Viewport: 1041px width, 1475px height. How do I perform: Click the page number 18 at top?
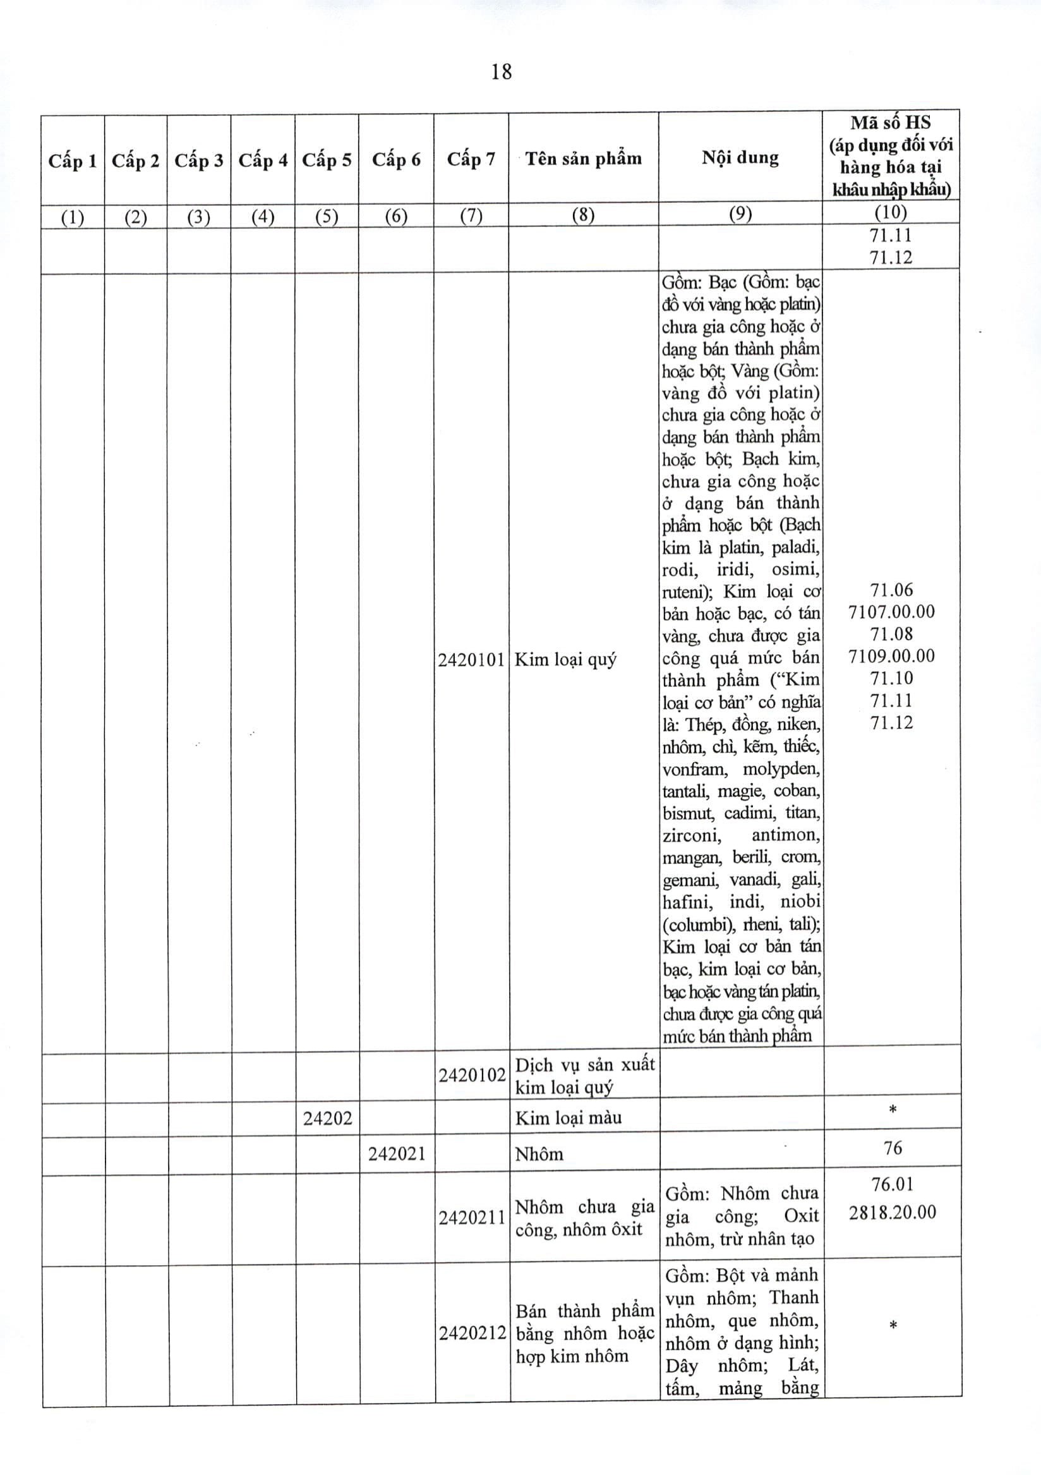(x=501, y=72)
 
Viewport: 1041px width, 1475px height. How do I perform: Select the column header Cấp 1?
(x=73, y=160)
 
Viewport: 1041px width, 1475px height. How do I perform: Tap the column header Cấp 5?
(x=327, y=159)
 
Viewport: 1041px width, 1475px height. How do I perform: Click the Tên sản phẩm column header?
(x=583, y=158)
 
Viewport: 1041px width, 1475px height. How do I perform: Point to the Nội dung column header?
(x=740, y=157)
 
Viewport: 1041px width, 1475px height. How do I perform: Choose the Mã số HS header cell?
(x=890, y=156)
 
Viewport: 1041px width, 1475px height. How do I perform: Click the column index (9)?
(x=740, y=215)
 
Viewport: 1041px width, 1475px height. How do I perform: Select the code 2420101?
(x=471, y=660)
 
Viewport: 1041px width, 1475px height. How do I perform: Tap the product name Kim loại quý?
(x=565, y=660)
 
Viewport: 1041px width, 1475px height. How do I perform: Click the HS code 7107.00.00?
(x=891, y=612)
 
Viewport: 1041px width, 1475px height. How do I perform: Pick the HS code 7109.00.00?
(x=891, y=656)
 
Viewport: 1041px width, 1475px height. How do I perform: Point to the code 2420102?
(x=472, y=1076)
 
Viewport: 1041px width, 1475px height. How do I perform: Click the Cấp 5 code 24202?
(x=327, y=1119)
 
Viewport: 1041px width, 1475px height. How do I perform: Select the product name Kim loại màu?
(x=569, y=1119)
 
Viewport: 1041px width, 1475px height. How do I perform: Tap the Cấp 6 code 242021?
(x=397, y=1154)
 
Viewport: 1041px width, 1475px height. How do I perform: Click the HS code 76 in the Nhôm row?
(x=893, y=1148)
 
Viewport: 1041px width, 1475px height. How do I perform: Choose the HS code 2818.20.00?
(x=892, y=1212)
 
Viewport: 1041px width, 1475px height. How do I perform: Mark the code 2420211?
(x=472, y=1218)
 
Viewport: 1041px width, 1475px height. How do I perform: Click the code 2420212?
(x=472, y=1333)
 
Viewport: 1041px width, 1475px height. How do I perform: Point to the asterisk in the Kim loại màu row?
(x=892, y=1110)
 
